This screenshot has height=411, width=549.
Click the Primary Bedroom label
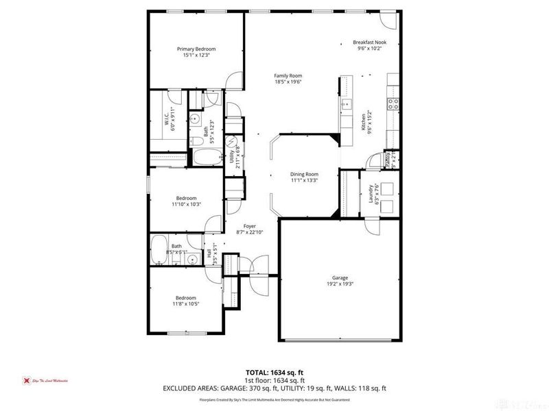[x=196, y=49]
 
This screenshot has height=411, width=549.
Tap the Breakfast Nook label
[x=370, y=42]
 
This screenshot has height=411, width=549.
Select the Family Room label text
[x=288, y=76]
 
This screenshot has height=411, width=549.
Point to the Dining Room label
[x=304, y=175]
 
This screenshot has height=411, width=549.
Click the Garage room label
[x=340, y=278]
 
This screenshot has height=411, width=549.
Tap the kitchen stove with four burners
[x=394, y=103]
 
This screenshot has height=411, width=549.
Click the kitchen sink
[x=347, y=105]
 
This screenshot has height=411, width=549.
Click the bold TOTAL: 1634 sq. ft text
[x=274, y=373]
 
